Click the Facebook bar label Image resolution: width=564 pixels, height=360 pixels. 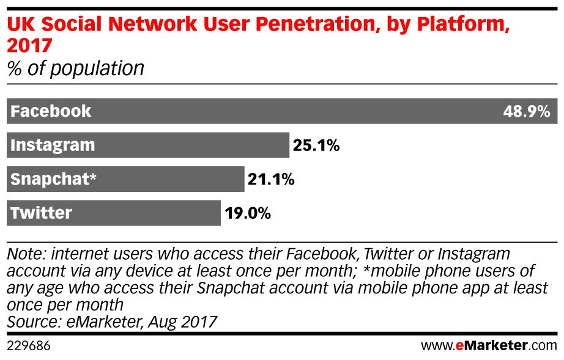coord(51,111)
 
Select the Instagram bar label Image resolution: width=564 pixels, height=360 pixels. coord(53,145)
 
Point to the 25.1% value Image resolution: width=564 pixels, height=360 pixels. coord(316,146)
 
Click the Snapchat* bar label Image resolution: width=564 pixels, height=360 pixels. coord(54,180)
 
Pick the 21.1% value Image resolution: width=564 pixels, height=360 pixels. coord(271,180)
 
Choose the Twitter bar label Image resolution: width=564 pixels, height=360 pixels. coord(42,213)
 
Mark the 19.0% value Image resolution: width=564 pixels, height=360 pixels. coord(247,214)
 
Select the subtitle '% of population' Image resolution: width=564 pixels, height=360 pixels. coord(75,68)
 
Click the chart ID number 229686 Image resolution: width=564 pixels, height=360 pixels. coord(28,346)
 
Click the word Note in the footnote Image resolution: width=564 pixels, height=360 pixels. coord(24,253)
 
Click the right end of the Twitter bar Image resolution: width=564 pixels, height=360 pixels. coord(219,213)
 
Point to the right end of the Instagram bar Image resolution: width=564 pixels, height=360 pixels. coord(288,145)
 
